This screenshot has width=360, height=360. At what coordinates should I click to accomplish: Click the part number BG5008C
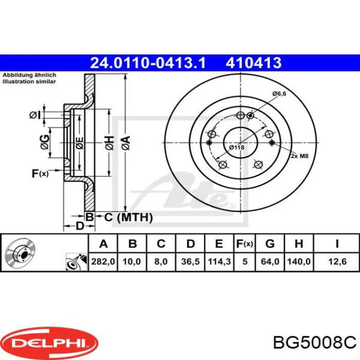[315, 343]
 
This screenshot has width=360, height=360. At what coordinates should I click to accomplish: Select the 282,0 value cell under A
[103, 261]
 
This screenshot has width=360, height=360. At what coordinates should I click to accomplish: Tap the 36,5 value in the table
[190, 261]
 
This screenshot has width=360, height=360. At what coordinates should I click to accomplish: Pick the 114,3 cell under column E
[219, 261]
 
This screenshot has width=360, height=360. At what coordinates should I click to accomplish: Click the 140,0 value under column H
[299, 261]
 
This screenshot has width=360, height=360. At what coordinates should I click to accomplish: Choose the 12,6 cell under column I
[337, 261]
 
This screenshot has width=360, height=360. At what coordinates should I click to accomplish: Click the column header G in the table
[270, 244]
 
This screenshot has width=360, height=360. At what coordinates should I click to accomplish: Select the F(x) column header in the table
[244, 244]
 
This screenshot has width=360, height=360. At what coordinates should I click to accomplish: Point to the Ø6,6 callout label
[279, 94]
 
